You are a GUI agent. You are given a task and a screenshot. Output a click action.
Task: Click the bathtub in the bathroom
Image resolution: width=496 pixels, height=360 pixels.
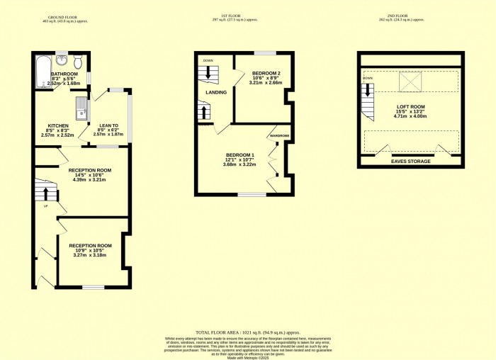click(42, 70)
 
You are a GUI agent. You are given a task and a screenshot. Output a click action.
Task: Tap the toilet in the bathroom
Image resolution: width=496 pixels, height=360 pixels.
click(79, 61)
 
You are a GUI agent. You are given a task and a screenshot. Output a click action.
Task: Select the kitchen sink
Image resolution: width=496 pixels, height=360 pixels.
click(81, 109)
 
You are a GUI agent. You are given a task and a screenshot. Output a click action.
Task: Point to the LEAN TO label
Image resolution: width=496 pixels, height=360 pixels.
click(108, 125)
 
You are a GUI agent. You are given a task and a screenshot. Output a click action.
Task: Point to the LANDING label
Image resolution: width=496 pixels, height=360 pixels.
click(216, 92)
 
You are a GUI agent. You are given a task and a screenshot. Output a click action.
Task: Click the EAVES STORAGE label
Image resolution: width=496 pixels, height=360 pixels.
click(411, 162)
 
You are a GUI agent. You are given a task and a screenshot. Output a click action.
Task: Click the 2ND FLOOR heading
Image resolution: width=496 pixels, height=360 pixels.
click(411, 16)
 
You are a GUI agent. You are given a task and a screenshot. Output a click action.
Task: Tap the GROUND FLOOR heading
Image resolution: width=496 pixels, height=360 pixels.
click(62, 16)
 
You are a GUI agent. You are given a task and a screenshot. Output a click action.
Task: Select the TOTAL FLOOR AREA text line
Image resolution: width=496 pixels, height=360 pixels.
click(248, 332)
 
